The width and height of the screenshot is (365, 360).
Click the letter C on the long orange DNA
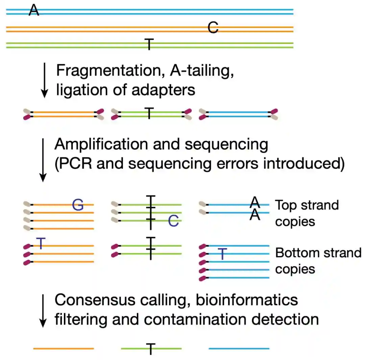pos(213,28)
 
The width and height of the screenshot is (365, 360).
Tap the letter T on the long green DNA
pos(149,44)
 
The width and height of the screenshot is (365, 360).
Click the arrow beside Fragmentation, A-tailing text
pos(44,80)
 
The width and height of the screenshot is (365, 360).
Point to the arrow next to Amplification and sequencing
pos(43,160)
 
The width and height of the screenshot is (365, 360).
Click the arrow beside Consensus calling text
pos(43,310)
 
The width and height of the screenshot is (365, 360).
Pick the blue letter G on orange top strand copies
pos(78,205)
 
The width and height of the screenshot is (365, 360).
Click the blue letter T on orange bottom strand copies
pos(41,243)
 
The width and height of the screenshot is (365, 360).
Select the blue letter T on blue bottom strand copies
pos(222,254)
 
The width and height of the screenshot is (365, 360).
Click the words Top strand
pos(307,205)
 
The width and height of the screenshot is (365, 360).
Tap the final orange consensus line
pos(64,349)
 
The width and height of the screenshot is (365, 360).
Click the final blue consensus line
pos(239,349)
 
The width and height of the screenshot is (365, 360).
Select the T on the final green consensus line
pos(151,349)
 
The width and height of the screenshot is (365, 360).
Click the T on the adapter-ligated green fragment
pos(149,113)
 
